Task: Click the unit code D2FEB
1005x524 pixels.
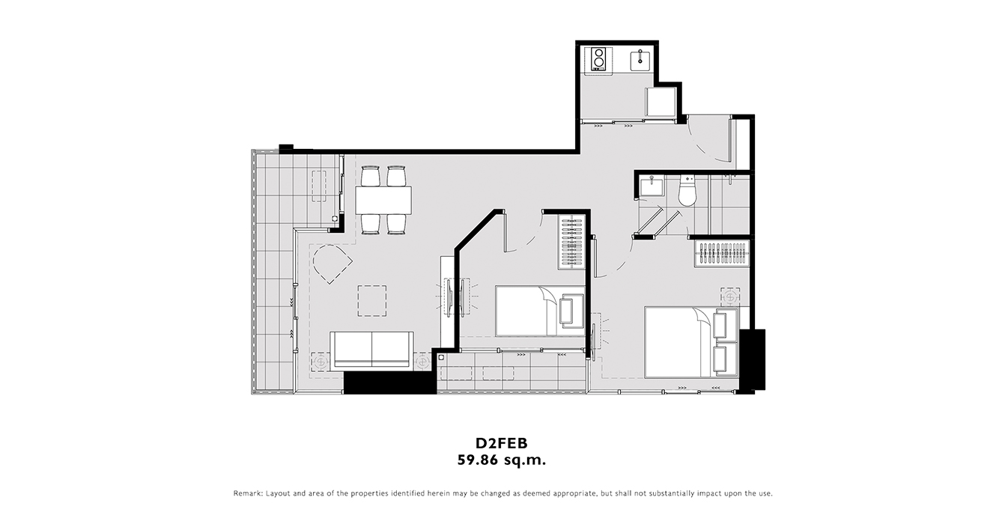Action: [x=502, y=443]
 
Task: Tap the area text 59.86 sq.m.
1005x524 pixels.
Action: [x=502, y=460]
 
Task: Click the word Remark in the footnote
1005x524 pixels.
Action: [x=248, y=493]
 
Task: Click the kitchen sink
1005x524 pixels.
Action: [x=641, y=61]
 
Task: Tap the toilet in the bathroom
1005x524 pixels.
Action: [x=687, y=191]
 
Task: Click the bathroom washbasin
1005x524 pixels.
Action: [x=649, y=186]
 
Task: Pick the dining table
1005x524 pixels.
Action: [x=383, y=200]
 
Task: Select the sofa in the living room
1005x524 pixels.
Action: [x=371, y=351]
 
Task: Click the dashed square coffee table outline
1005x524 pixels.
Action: [x=372, y=301]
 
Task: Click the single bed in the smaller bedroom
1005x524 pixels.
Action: [x=540, y=311]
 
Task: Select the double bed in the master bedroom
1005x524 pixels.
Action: [x=691, y=342]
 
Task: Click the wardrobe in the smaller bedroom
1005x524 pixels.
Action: [x=572, y=243]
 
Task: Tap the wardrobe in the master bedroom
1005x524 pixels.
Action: [x=722, y=254]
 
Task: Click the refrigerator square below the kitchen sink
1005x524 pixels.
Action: [x=661, y=103]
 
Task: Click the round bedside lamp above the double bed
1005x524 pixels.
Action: [x=730, y=297]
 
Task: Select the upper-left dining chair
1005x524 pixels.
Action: [x=371, y=176]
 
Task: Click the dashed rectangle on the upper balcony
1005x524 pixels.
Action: [x=319, y=186]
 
